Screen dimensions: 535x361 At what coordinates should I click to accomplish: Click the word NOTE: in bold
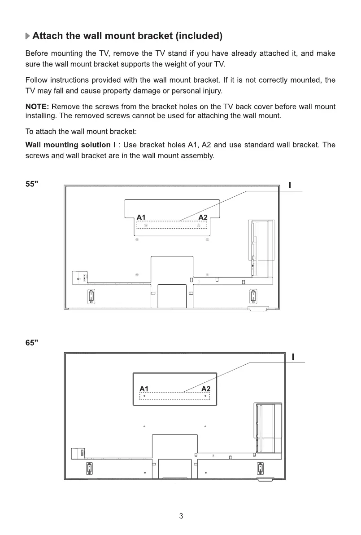coord(38,107)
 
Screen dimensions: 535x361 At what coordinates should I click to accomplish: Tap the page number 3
coord(181,516)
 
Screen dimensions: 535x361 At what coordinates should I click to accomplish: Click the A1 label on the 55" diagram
coord(141,217)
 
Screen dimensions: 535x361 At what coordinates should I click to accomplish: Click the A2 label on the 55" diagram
coord(203,217)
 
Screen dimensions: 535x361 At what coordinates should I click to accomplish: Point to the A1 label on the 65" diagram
coord(144,388)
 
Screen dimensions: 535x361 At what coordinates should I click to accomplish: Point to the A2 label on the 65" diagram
coord(206,388)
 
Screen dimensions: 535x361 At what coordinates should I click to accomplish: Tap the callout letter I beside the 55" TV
coord(290,185)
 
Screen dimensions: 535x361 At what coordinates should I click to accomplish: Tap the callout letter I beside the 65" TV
coord(293,357)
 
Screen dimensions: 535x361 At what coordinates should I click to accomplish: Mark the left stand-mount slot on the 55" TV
coord(91,296)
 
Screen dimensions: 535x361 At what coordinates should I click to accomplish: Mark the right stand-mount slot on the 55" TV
coord(253,296)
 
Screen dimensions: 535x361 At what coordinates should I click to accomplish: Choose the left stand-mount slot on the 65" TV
coord(89,468)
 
